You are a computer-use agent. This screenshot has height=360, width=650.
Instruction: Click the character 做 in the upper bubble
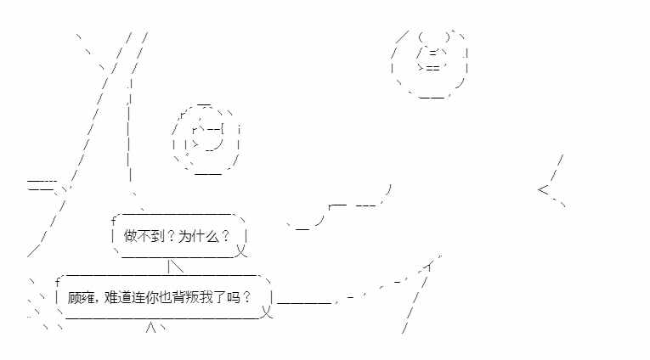130,236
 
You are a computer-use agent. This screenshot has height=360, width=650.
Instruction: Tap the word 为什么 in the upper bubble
199,236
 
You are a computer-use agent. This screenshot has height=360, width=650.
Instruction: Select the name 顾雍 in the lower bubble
82,297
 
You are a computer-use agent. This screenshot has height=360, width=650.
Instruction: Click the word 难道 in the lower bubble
118,297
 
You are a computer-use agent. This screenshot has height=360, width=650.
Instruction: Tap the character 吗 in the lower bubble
234,297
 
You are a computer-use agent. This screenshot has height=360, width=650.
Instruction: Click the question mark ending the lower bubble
247,297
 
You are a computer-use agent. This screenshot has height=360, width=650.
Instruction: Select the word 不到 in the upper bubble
151,236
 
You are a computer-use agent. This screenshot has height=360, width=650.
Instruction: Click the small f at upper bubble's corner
114,221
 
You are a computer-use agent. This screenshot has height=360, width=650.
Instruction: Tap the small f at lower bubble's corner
58,282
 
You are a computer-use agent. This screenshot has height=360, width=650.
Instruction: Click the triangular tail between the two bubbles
175,266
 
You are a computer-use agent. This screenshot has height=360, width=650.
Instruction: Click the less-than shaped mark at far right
543,189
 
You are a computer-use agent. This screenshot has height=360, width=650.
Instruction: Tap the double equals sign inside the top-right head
432,68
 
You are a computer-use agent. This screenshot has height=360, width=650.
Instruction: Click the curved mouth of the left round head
214,146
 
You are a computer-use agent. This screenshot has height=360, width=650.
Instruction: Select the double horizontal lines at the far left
42,186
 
